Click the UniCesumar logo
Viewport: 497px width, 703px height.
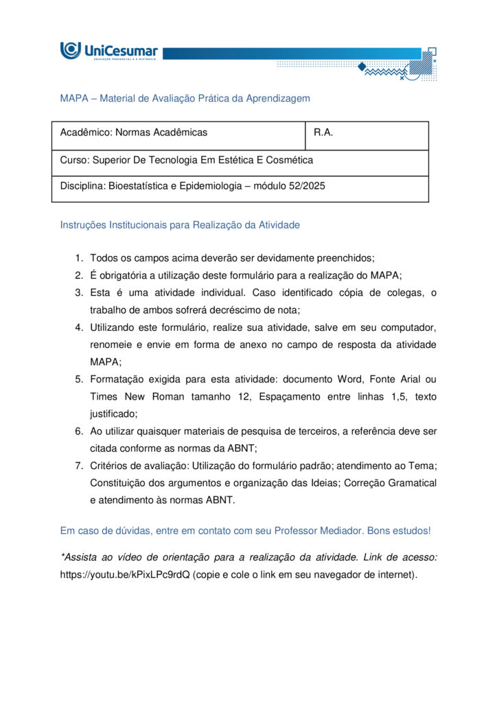click(x=108, y=51)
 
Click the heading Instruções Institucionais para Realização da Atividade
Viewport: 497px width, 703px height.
click(x=180, y=224)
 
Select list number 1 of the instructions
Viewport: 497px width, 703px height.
click(x=80, y=258)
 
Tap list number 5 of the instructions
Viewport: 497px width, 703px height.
click(x=80, y=379)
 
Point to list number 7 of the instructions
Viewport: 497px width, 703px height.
click(x=80, y=465)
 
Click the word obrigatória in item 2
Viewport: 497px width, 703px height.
click(x=125, y=275)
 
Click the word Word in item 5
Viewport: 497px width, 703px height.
click(x=351, y=379)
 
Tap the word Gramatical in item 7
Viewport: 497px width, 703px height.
click(x=413, y=483)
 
